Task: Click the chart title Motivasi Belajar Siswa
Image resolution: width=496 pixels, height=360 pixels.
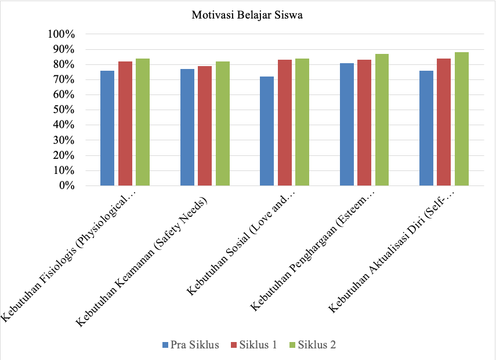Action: coord(248,16)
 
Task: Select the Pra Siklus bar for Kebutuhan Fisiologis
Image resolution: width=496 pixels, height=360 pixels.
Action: coord(107,128)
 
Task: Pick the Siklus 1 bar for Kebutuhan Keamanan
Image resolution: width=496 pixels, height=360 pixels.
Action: coord(205,126)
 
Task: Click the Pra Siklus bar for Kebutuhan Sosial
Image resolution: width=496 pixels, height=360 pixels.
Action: coord(267,131)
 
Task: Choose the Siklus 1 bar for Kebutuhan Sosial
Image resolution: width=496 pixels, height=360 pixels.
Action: coord(284,123)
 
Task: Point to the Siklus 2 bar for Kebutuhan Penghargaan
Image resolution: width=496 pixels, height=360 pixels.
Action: coord(382,119)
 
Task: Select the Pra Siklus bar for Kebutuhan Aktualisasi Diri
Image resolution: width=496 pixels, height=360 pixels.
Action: coord(426,128)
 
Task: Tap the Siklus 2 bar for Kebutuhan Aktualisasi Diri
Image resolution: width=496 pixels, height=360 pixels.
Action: coord(462,119)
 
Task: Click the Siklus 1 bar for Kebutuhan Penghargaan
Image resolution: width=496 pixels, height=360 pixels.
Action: coord(364,123)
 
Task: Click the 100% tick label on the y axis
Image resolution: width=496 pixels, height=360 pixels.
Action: coord(61,34)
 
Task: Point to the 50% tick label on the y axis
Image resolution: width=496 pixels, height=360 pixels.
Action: coord(64,110)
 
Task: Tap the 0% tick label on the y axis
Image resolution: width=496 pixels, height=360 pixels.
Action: coord(66,186)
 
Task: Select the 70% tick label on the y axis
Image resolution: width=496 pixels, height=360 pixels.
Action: coord(64,80)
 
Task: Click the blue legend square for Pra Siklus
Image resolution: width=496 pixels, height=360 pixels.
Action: coord(165,346)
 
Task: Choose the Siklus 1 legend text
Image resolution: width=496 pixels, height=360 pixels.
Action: coord(258,345)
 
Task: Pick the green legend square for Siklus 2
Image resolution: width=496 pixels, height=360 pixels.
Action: coord(294,346)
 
